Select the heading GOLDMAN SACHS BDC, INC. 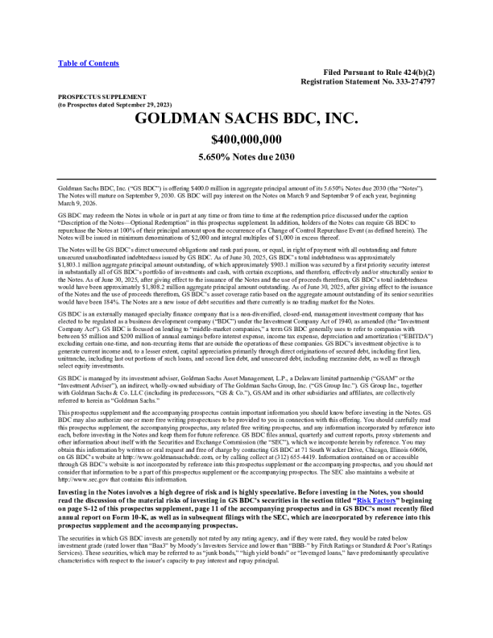point(246,120)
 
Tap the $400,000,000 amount point(246,139)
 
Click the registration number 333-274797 point(410,82)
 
